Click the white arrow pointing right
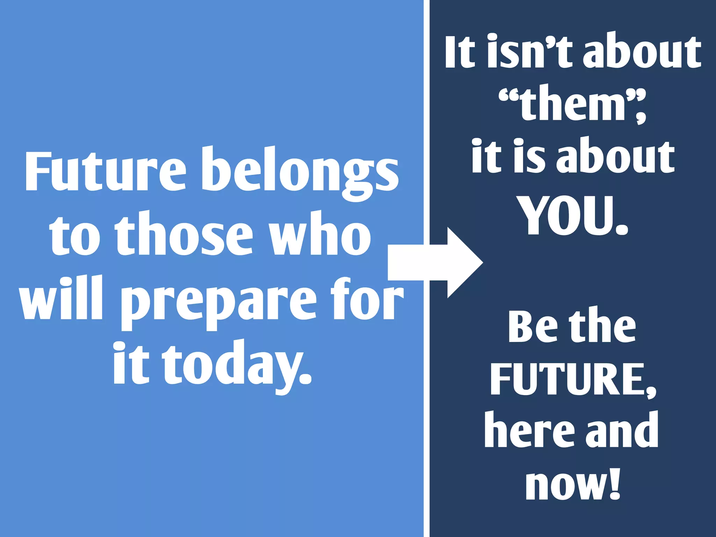coord(437,262)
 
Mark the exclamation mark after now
coord(614,482)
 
